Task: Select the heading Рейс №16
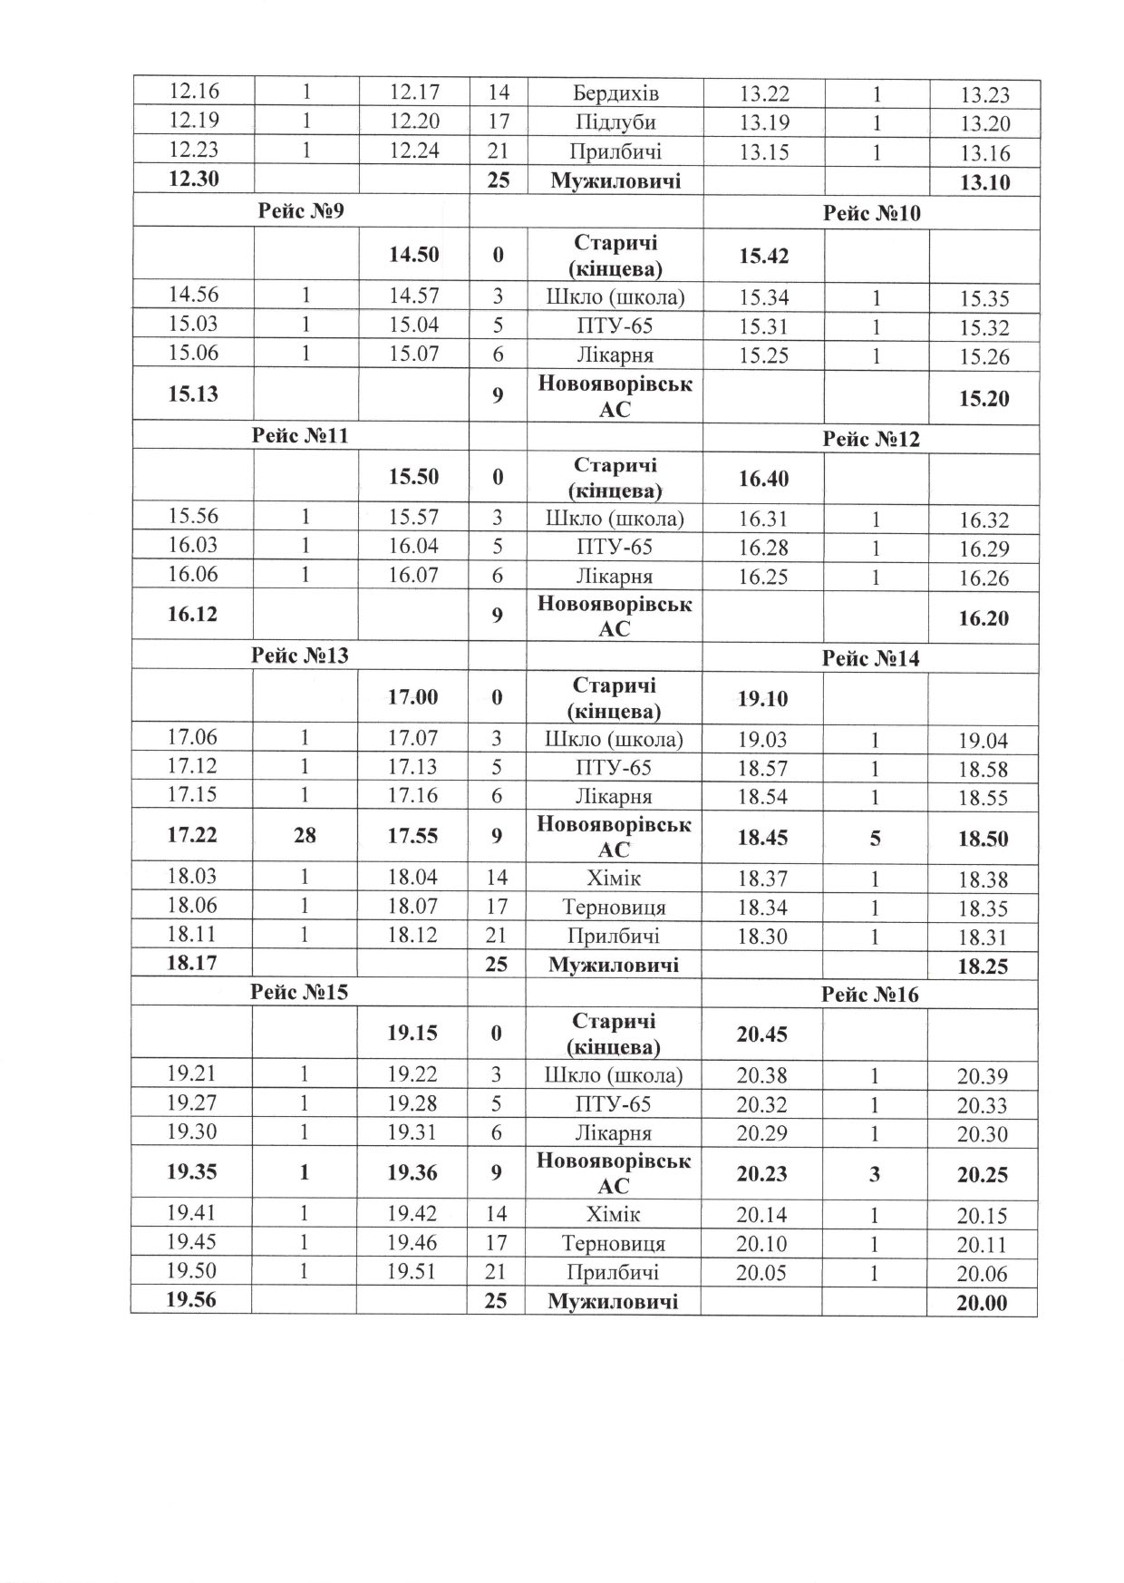(869, 995)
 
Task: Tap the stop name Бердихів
(615, 92)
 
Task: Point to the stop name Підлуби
(615, 121)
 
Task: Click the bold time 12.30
(194, 180)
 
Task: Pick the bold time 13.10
(983, 182)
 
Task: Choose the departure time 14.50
(413, 255)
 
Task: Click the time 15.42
(763, 256)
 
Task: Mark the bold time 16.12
(193, 615)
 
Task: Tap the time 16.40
(763, 478)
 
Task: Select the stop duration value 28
(305, 835)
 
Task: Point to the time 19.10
(762, 699)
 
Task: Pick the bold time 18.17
(192, 963)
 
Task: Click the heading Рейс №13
(300, 655)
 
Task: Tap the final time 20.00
(982, 1304)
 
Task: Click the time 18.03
(192, 877)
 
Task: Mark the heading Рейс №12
(871, 440)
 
